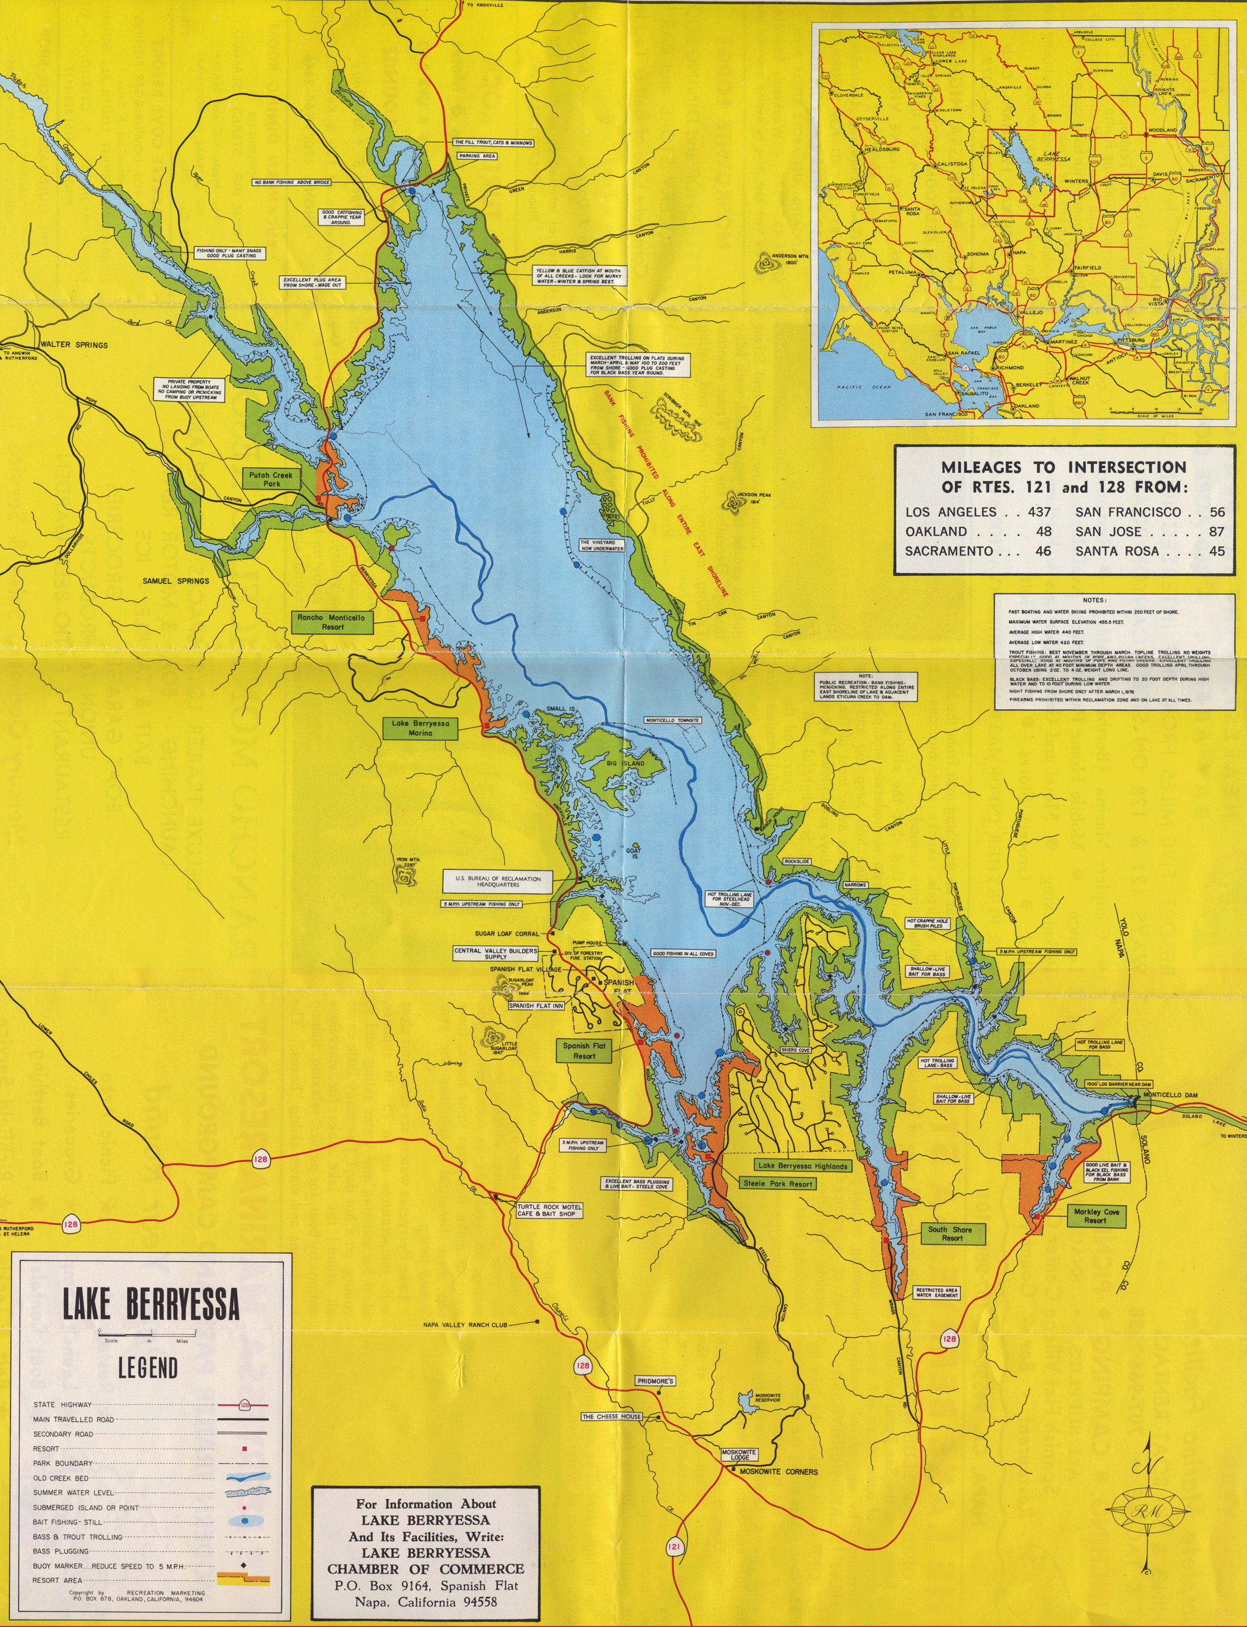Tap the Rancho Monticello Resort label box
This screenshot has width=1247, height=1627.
[332, 622]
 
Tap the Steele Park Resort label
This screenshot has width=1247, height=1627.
[777, 1184]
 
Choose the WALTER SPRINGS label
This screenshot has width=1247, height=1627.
[74, 345]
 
